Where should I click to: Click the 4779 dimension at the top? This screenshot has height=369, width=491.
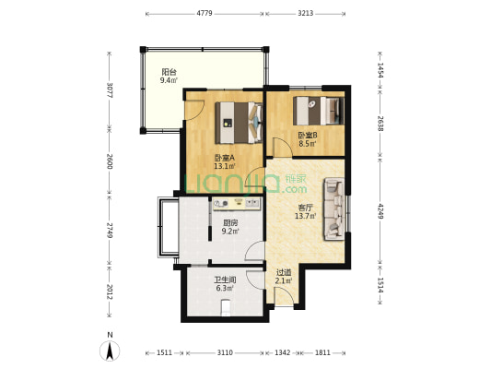click(x=205, y=13)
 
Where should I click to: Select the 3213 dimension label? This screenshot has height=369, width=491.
click(x=305, y=13)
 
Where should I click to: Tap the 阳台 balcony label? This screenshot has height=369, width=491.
click(x=170, y=72)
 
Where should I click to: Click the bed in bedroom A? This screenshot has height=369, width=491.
click(x=239, y=123)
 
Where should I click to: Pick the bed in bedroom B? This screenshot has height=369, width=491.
click(x=319, y=111)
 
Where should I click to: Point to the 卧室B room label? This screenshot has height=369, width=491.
click(x=308, y=136)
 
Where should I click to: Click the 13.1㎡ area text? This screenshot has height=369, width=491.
click(x=225, y=166)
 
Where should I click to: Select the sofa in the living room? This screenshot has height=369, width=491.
click(x=334, y=208)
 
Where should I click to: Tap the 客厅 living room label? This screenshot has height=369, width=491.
click(x=305, y=208)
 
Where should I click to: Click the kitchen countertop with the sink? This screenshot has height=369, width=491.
click(x=237, y=204)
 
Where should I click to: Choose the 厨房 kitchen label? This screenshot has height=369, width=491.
click(x=230, y=223)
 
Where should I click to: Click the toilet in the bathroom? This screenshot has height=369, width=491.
click(x=225, y=308)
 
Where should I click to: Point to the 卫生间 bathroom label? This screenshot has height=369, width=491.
click(x=225, y=280)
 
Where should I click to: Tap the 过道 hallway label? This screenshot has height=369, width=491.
click(x=284, y=272)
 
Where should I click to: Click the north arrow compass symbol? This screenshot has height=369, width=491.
click(x=110, y=351)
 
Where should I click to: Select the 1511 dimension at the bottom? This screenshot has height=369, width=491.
click(x=164, y=352)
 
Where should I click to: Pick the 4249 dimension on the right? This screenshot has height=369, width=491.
click(x=380, y=211)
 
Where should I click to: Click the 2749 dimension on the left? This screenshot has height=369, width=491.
click(x=110, y=231)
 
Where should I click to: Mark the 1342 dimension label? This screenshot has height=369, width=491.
click(x=283, y=352)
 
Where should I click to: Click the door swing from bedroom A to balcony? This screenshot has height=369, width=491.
click(x=194, y=110)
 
